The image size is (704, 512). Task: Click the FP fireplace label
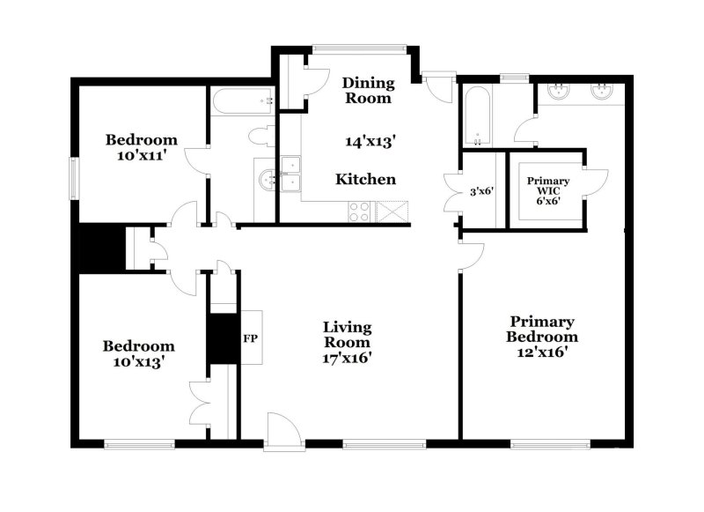tap(249, 337)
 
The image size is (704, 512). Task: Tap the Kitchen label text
tap(366, 180)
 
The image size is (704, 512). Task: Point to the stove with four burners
tap(359, 211)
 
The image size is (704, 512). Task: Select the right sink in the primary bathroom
tap(603, 91)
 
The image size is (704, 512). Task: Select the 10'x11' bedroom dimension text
tap(141, 155)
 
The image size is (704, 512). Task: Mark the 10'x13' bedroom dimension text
tap(138, 360)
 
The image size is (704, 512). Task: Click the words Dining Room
tap(368, 91)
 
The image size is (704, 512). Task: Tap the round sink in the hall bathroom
tap(268, 180)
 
